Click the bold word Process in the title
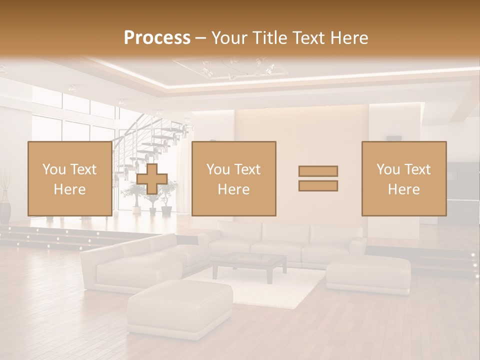(157, 38)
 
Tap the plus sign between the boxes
(152, 178)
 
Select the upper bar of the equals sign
(318, 171)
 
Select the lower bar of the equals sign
(318, 185)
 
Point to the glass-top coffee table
(249, 263)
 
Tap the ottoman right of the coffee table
(368, 273)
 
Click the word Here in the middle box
(233, 189)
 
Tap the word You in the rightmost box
(388, 169)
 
